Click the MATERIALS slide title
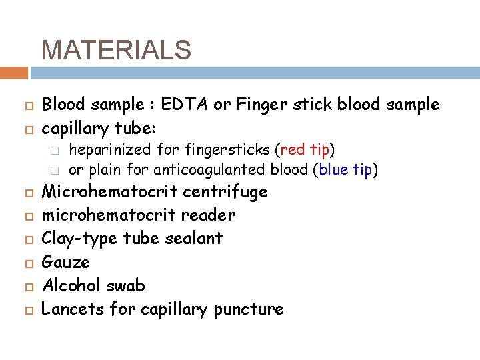(116, 50)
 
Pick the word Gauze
(65, 263)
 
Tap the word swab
(125, 285)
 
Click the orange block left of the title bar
(14, 73)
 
